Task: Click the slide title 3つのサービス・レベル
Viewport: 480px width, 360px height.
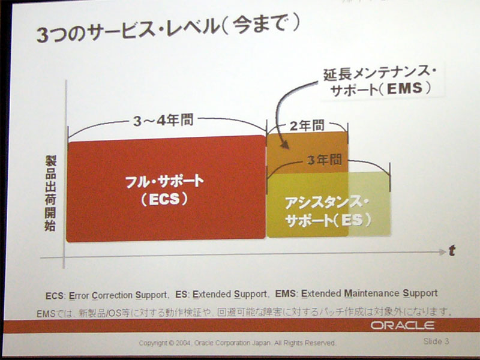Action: [128, 31]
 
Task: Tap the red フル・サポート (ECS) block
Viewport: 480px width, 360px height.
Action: [166, 188]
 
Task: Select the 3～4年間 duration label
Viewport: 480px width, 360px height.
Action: [163, 121]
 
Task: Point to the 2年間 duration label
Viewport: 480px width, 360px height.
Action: [307, 125]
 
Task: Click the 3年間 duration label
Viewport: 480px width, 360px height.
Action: [325, 160]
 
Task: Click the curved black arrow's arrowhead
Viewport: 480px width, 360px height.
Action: [284, 144]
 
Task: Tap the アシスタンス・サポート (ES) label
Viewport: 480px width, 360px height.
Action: [328, 212]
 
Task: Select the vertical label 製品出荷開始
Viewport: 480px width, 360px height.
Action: [50, 193]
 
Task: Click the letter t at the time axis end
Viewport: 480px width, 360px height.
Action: [452, 251]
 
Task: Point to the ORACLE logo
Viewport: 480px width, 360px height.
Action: [403, 325]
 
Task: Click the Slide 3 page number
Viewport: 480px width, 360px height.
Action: [436, 341]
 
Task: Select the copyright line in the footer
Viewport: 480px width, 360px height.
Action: [237, 343]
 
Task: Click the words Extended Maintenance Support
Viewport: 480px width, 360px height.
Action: [370, 293]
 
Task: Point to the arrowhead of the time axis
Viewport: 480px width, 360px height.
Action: [442, 252]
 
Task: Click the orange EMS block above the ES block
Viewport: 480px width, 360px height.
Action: [307, 152]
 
